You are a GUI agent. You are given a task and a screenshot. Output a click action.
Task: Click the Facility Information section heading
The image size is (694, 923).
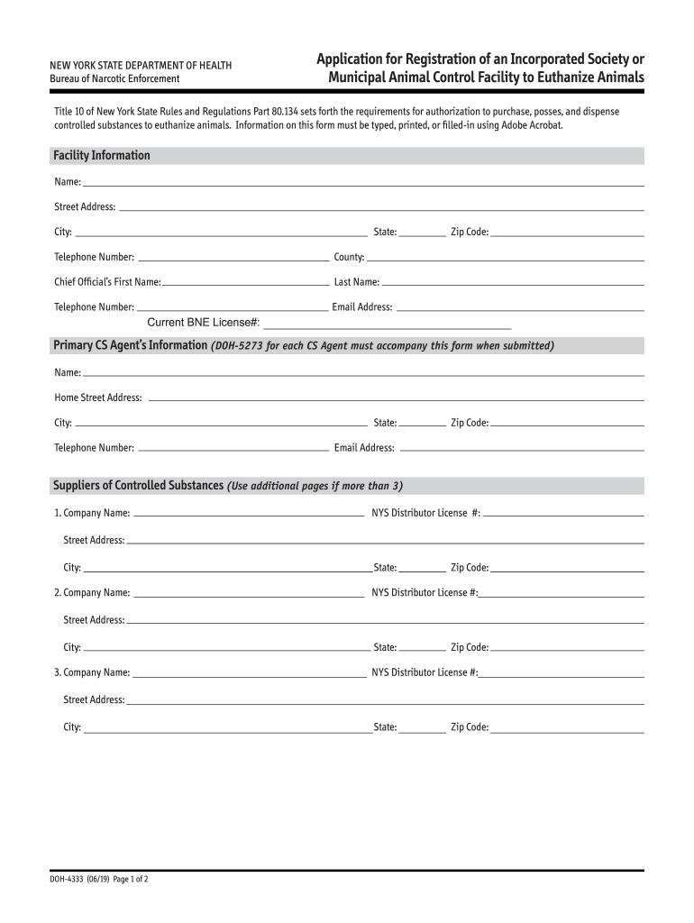102,156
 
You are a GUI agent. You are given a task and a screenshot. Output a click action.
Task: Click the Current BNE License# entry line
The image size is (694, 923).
387,323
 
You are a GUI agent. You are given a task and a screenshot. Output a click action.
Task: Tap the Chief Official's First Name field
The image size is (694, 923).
246,282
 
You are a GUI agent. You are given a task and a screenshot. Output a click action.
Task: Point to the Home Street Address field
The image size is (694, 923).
395,398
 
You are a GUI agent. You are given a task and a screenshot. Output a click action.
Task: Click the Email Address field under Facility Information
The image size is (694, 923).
520,307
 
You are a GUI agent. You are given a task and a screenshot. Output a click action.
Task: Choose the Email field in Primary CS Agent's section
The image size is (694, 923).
521,448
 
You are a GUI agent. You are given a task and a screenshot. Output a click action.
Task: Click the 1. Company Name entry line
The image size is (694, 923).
249,514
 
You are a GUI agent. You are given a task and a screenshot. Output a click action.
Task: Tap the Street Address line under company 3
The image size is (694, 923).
386,700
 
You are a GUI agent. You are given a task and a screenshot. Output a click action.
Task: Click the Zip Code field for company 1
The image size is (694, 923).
568,568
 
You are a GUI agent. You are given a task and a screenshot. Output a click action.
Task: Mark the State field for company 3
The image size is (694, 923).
423,727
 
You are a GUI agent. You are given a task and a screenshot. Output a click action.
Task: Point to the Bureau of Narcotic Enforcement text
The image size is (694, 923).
114,79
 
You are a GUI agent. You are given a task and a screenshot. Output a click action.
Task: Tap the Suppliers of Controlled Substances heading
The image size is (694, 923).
138,486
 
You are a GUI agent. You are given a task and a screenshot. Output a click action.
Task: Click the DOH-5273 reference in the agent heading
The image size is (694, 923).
237,346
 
